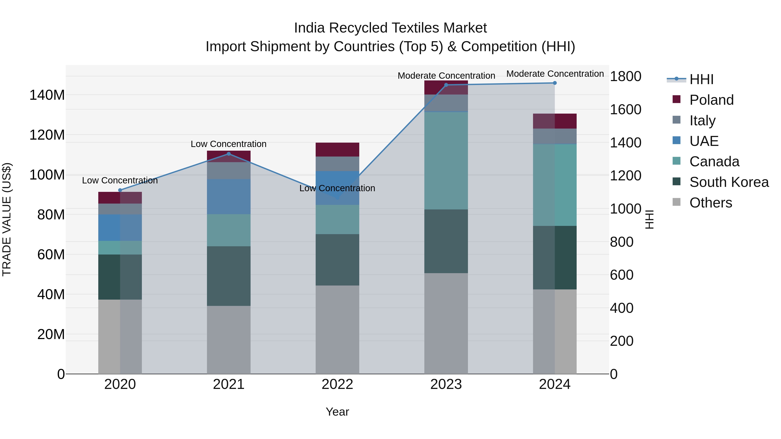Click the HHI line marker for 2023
pyautogui.click(x=446, y=85)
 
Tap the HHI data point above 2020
pyautogui.click(x=120, y=190)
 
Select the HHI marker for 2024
pyautogui.click(x=555, y=83)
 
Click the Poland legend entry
pyautogui.click(x=711, y=100)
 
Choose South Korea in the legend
pyautogui.click(x=729, y=182)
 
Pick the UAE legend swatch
pyautogui.click(x=676, y=140)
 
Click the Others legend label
pyautogui.click(x=711, y=203)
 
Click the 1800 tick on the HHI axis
pyautogui.click(x=625, y=76)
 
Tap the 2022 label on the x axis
pyautogui.click(x=337, y=384)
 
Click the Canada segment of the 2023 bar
pyautogui.click(x=446, y=161)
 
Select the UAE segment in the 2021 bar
pyautogui.click(x=229, y=197)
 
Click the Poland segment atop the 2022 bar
pyautogui.click(x=337, y=149)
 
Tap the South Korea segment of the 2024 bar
pyautogui.click(x=555, y=258)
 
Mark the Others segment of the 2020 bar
pyautogui.click(x=120, y=336)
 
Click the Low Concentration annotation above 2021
pyautogui.click(x=229, y=144)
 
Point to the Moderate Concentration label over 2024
pyautogui.click(x=555, y=74)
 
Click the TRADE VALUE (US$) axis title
pyautogui.click(x=7, y=219)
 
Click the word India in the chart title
pyautogui.click(x=310, y=28)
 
